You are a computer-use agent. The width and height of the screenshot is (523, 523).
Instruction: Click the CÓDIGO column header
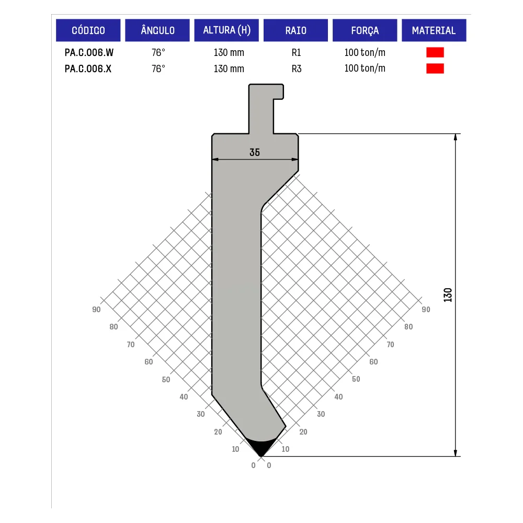(x=88, y=30)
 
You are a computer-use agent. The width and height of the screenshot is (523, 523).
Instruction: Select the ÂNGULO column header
(x=157, y=30)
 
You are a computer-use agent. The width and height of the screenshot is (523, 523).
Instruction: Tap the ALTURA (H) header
(x=226, y=30)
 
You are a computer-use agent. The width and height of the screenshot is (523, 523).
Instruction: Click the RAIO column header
(x=295, y=30)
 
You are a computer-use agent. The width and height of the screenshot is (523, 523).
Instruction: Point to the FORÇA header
(x=365, y=30)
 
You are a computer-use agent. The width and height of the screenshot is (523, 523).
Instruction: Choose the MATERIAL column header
(x=434, y=30)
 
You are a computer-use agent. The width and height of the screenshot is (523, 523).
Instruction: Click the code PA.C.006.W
(x=89, y=52)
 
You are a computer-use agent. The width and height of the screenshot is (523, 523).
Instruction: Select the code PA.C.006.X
(x=88, y=69)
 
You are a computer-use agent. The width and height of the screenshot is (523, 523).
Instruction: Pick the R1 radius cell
(x=296, y=52)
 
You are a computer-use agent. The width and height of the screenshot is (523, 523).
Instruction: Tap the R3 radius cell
(x=297, y=69)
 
